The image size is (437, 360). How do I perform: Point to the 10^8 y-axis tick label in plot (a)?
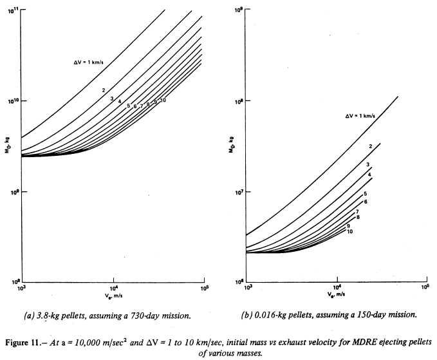[x=13, y=282]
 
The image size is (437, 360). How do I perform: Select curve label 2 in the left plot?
[x=103, y=90]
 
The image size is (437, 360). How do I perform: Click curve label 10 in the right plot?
[x=349, y=231]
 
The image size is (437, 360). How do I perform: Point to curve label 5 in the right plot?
[x=365, y=194]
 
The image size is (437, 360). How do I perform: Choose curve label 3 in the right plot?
[x=367, y=165]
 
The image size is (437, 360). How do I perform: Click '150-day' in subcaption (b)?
[x=362, y=315]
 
